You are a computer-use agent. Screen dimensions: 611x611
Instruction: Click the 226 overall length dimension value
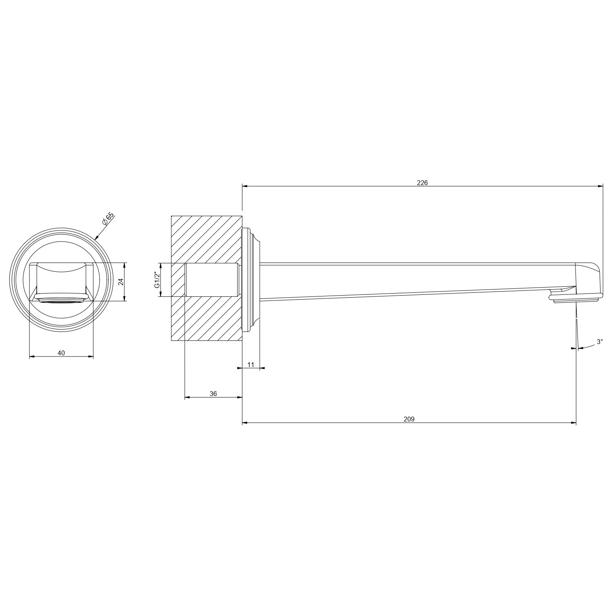pos(422,183)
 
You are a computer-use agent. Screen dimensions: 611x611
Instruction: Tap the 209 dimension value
pos(409,419)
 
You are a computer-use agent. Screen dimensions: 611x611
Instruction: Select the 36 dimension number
pos(213,394)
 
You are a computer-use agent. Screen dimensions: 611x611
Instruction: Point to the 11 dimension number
pos(251,365)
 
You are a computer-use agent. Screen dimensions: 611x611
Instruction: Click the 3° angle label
pos(600,342)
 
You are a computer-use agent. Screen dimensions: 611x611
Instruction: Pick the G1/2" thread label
pos(157,280)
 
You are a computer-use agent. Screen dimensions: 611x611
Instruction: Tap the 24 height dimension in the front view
pos(121,282)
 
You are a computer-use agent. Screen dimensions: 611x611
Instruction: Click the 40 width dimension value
pos(61,353)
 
